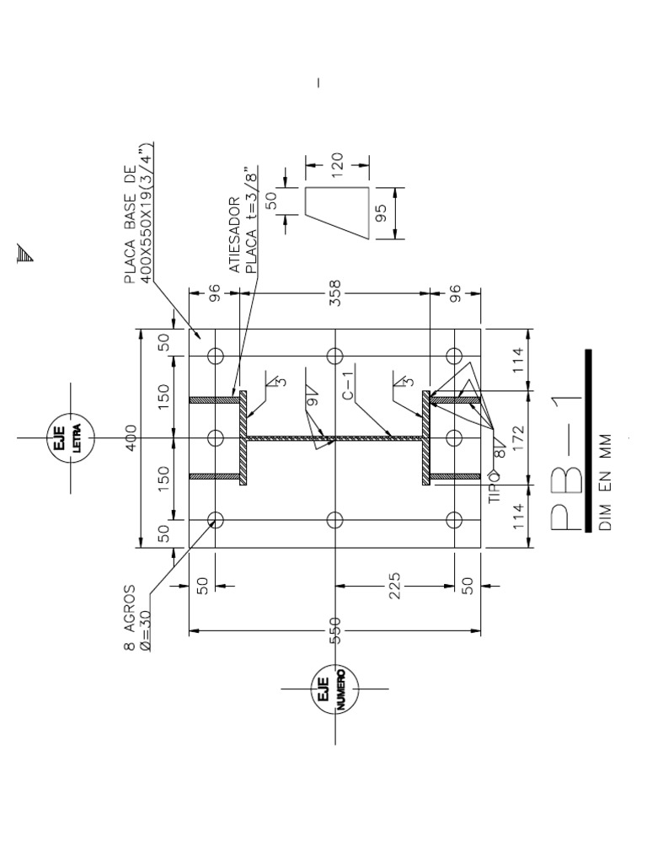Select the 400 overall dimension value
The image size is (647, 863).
pos(131,437)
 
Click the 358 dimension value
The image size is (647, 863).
pos(334,292)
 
